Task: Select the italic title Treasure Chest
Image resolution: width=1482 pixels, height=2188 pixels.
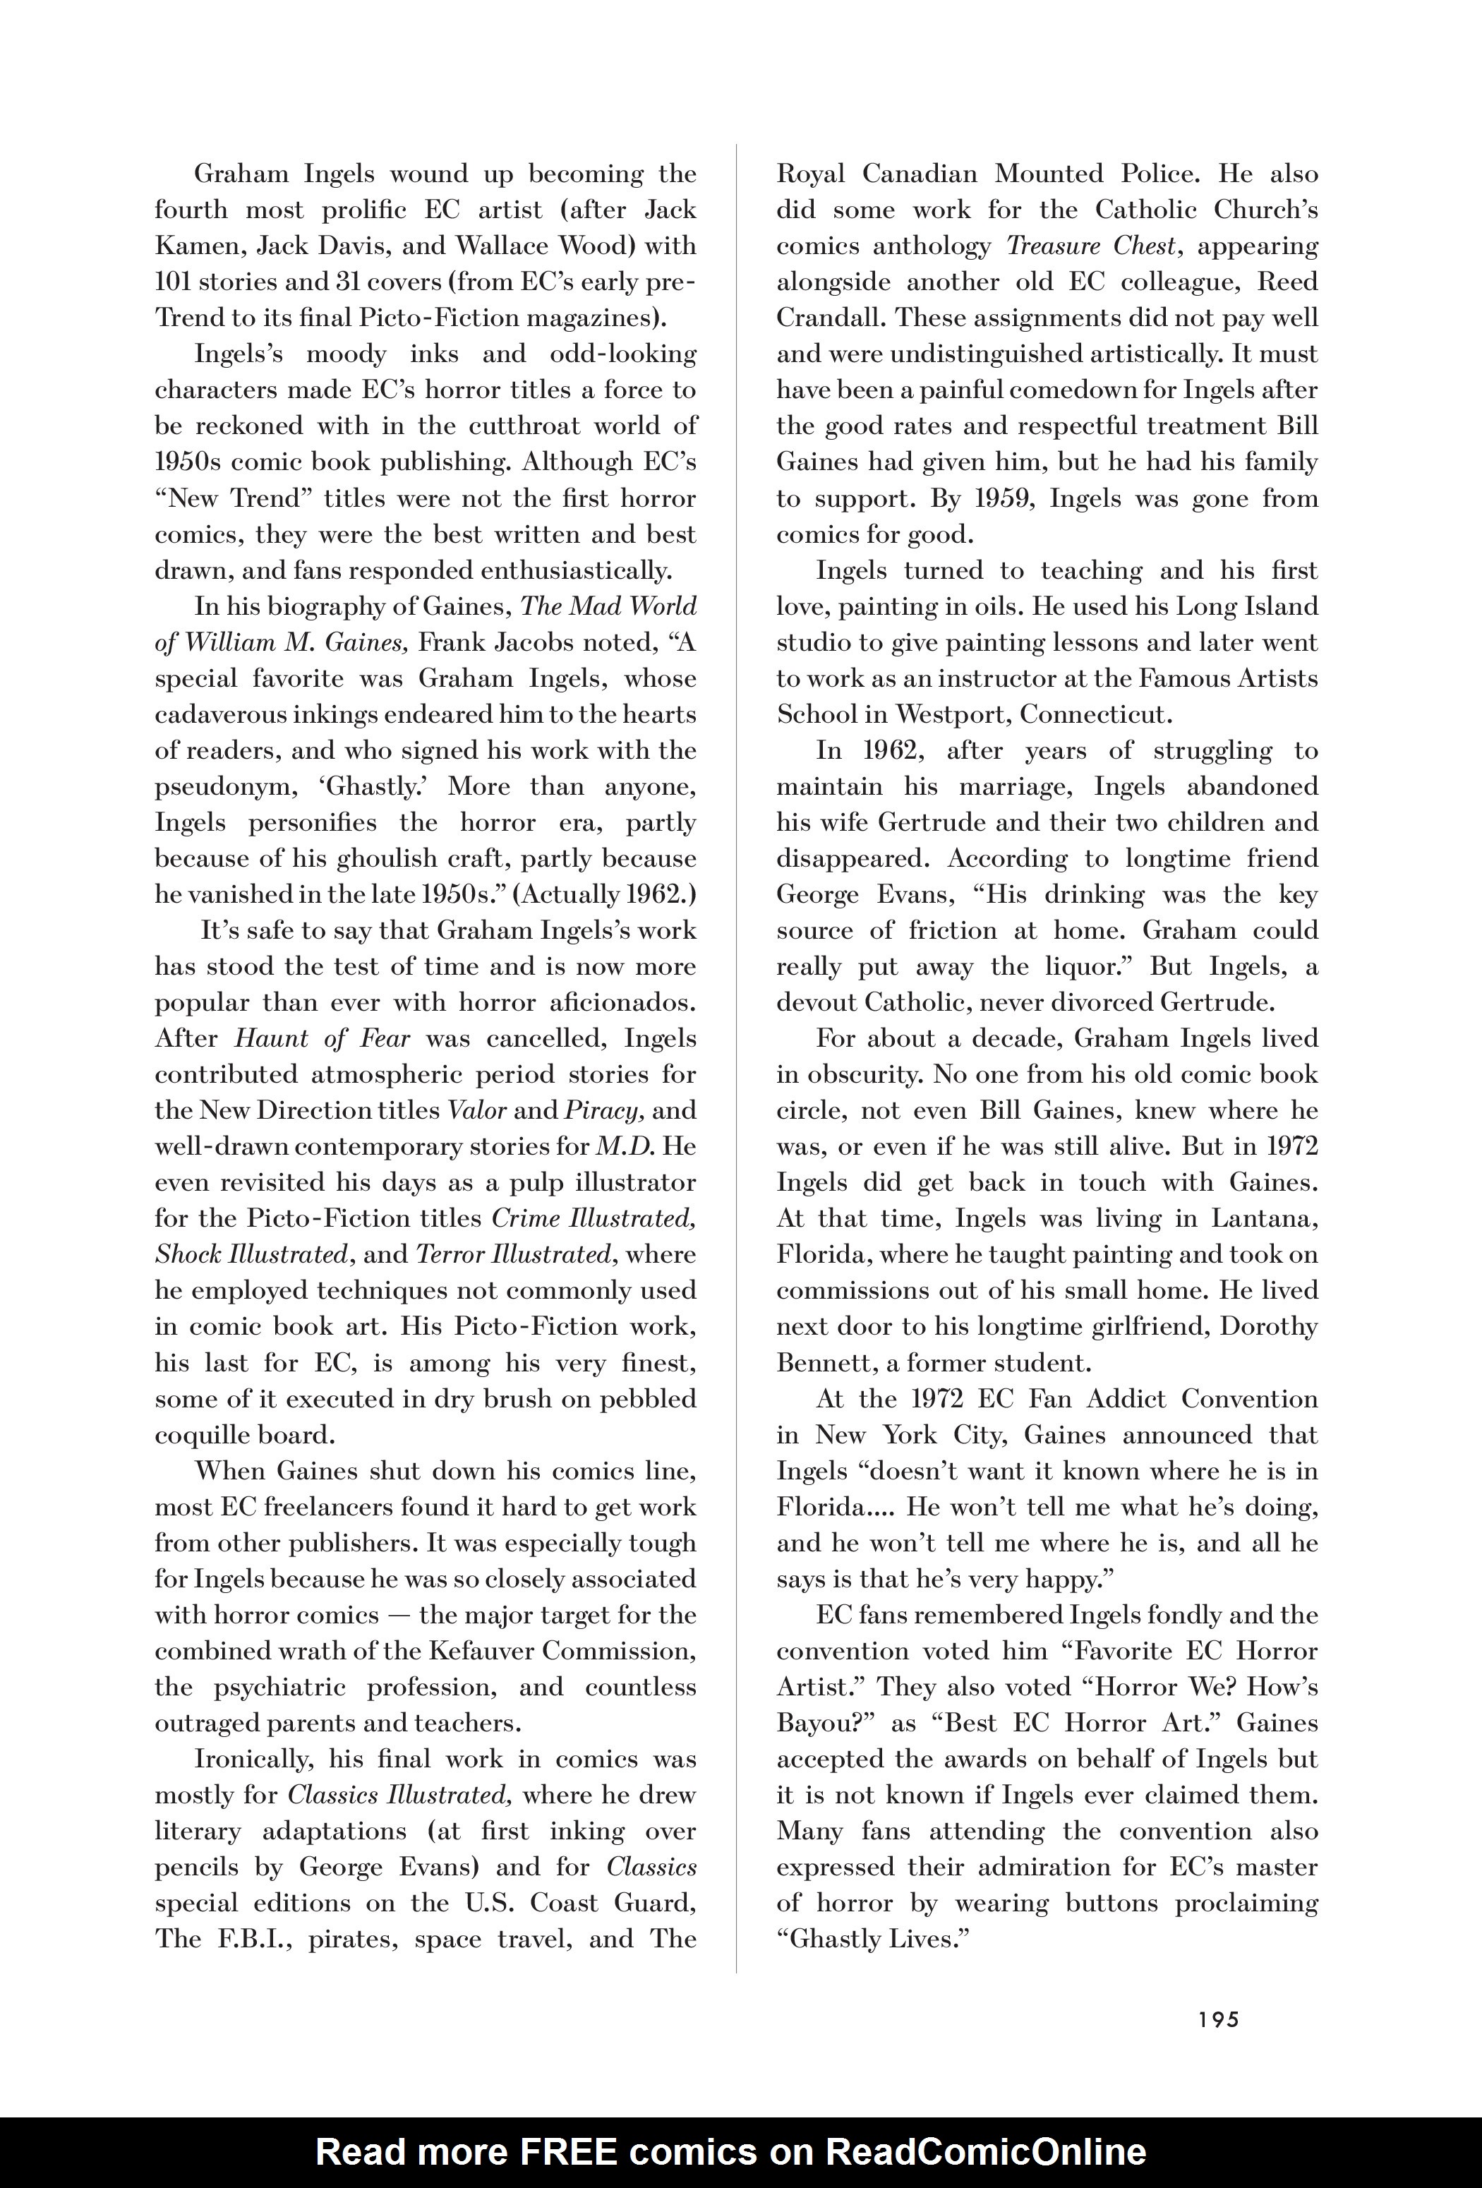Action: [x=1091, y=246]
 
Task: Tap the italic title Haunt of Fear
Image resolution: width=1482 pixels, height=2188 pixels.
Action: [x=322, y=1038]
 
